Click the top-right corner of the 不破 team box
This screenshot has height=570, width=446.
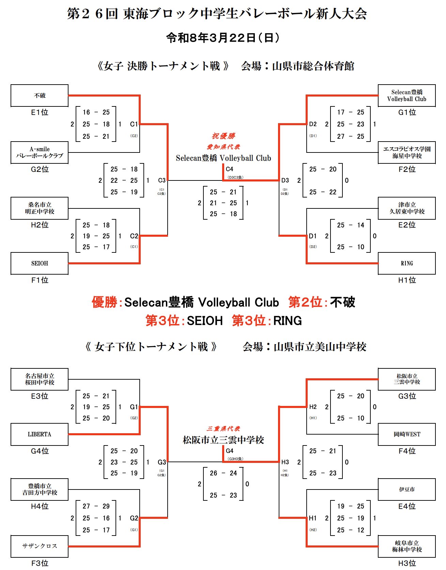[x=68, y=85]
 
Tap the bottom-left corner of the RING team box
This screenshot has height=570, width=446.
[x=378, y=274]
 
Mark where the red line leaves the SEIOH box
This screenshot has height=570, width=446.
[x=68, y=263]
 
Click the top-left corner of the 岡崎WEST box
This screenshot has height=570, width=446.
[x=378, y=424]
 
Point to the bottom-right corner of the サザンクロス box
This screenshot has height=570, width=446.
[x=68, y=557]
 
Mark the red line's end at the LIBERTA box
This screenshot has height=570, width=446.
[x=68, y=434]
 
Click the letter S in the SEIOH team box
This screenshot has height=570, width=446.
[x=33, y=263]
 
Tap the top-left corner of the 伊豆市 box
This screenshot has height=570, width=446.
[x=378, y=479]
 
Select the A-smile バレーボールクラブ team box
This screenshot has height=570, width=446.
[x=40, y=152]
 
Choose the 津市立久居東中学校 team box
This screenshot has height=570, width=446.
[x=407, y=208]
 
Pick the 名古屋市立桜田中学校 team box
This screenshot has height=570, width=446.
[x=40, y=379]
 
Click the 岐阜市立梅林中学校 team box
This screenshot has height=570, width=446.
[x=407, y=546]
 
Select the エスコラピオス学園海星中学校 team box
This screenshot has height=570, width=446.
[x=407, y=152]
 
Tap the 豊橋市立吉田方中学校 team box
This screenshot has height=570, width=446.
[x=40, y=489]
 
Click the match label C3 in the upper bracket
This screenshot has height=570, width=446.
[x=162, y=180]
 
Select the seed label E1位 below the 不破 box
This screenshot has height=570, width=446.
[x=40, y=113]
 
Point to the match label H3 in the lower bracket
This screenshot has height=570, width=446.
[x=285, y=462]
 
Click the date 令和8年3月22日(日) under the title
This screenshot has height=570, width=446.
[x=223, y=38]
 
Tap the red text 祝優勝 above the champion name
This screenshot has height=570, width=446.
[x=224, y=136]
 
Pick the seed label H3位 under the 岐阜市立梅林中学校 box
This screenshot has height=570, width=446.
[x=407, y=563]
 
